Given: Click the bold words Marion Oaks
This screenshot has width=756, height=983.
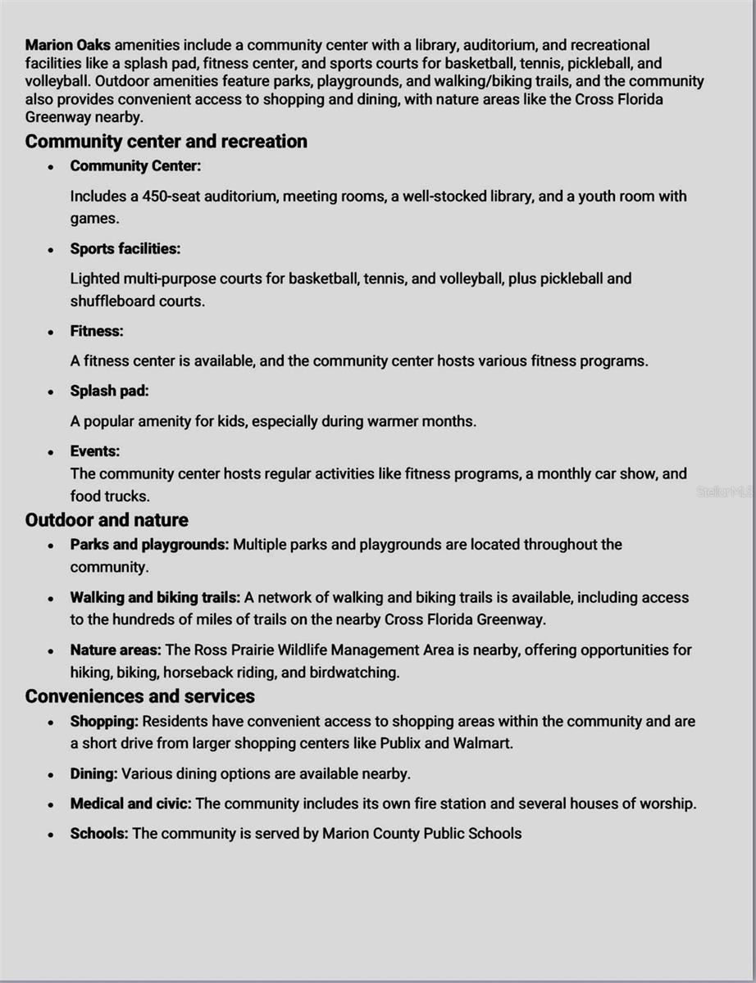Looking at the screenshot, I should pos(68,45).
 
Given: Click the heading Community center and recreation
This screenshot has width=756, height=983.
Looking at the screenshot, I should pos(166,142).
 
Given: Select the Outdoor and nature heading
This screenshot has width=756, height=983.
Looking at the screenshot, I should pos(107,520).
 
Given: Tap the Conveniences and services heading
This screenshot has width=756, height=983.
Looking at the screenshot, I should pos(139,696).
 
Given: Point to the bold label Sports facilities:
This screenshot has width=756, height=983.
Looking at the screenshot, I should pos(125,248).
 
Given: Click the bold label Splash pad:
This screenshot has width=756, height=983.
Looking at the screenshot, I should pos(109,391).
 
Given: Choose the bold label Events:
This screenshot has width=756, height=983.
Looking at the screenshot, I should pos(94,451).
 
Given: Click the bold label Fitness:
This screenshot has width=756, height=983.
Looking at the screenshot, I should pos(97,331).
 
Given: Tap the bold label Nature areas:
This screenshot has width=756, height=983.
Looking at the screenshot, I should pos(116,650).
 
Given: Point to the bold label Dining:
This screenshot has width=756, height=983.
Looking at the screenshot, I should pos(93,773).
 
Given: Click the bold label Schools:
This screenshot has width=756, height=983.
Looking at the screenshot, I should pos(98,834).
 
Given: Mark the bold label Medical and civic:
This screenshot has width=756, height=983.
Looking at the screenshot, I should pos(130,804).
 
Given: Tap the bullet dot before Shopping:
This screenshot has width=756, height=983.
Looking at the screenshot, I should pos(51,723).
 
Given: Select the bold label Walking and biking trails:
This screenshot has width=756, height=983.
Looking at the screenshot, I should pos(155,598).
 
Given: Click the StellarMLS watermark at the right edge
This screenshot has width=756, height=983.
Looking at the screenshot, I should pos(725,491).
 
